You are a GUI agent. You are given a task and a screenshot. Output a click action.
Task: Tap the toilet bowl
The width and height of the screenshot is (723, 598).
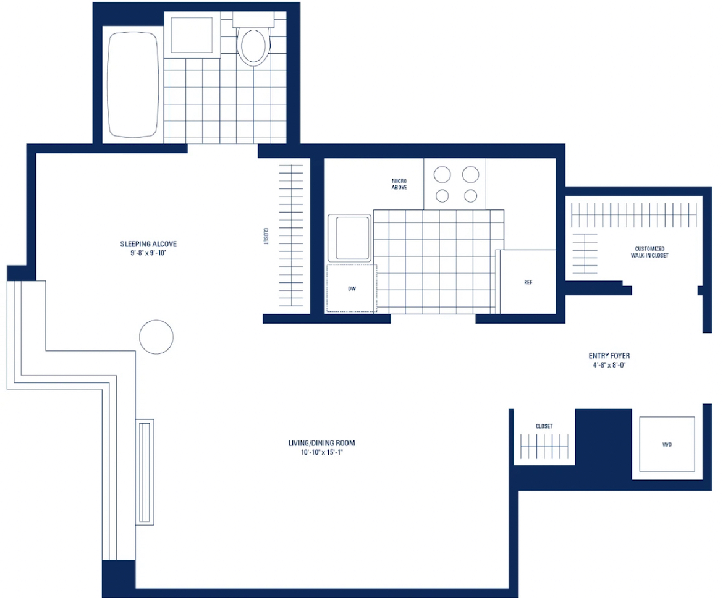(x=253, y=46)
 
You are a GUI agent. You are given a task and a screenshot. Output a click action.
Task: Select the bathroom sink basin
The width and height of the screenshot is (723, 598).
(x=192, y=35)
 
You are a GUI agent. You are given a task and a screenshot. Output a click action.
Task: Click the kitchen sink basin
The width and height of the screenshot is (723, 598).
(x=352, y=238)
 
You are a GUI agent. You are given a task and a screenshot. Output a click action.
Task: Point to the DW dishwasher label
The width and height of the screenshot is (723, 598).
(x=352, y=288)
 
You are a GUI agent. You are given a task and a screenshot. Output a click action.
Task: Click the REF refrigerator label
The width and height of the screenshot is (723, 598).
(x=528, y=282)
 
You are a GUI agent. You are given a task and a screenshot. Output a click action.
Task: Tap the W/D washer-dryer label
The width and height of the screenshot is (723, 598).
(x=667, y=444)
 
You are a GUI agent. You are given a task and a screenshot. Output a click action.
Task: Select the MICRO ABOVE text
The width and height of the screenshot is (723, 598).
(x=399, y=185)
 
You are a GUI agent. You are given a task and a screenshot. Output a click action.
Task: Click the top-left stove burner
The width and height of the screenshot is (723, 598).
(x=442, y=175)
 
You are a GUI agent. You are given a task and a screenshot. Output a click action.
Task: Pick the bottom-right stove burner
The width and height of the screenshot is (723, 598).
(x=470, y=196)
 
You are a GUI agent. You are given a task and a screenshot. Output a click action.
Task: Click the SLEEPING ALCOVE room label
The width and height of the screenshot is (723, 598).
(x=148, y=244)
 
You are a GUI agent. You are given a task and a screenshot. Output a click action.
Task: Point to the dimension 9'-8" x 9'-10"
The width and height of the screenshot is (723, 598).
(x=148, y=253)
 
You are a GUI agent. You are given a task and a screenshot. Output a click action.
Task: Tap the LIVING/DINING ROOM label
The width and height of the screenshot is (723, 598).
(x=322, y=443)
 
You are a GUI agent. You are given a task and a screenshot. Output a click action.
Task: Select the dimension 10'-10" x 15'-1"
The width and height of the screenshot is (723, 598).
(x=322, y=452)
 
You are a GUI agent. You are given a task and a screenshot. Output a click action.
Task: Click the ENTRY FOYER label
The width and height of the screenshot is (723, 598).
(x=609, y=356)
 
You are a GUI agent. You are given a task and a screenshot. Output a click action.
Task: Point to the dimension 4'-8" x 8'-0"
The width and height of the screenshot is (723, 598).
(x=609, y=365)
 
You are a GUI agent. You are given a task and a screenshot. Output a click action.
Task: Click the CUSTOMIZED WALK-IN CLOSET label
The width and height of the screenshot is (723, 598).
(x=649, y=252)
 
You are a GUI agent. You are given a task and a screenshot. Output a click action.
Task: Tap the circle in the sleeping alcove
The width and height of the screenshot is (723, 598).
(x=156, y=337)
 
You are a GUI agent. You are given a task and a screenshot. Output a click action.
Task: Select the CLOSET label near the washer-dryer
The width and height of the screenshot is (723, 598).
(x=544, y=426)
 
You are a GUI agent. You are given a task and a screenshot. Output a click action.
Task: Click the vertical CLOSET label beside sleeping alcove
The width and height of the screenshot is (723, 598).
(x=266, y=237)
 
